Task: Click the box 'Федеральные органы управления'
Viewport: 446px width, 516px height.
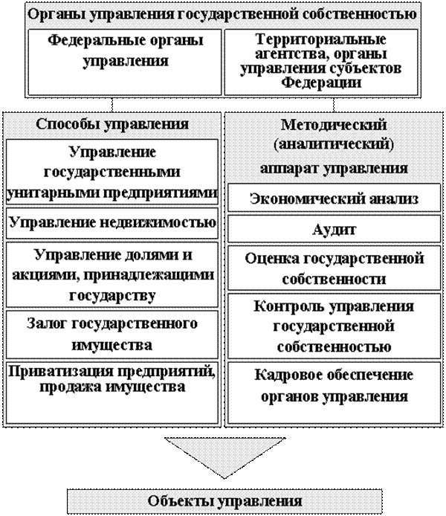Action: click(x=125, y=62)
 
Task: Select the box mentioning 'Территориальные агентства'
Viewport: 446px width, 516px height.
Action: click(x=321, y=62)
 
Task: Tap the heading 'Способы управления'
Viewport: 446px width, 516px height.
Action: click(x=112, y=124)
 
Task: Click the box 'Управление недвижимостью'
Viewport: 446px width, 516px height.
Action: click(x=112, y=223)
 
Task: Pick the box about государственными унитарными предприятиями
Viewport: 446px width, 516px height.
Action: click(x=112, y=172)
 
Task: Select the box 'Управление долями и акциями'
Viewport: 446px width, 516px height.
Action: click(x=112, y=274)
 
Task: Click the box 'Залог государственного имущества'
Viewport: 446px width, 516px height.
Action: click(x=112, y=335)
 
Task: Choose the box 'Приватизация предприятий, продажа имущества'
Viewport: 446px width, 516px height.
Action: click(x=112, y=393)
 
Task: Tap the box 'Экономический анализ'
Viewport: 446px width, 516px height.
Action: click(x=334, y=198)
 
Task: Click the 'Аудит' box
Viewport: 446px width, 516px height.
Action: click(x=334, y=229)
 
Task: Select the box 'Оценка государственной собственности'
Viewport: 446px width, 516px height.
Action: click(x=334, y=268)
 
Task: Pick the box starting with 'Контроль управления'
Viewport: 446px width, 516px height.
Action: click(x=334, y=326)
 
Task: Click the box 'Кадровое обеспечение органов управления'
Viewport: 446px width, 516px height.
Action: click(x=334, y=393)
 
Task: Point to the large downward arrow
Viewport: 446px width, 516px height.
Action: click(x=225, y=457)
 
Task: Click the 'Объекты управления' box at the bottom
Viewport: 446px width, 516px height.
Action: click(x=224, y=501)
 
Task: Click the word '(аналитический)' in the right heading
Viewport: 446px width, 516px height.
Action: click(x=334, y=143)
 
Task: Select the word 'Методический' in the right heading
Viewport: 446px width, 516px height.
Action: click(x=334, y=125)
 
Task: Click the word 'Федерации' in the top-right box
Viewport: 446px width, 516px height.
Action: click(x=321, y=82)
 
